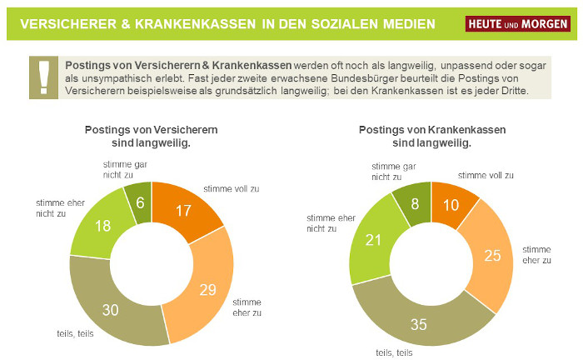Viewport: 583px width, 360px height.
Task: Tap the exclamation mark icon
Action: pos(42,77)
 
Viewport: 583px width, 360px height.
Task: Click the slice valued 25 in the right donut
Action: pos(492,254)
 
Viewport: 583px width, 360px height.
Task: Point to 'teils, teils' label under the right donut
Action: pos(395,352)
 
